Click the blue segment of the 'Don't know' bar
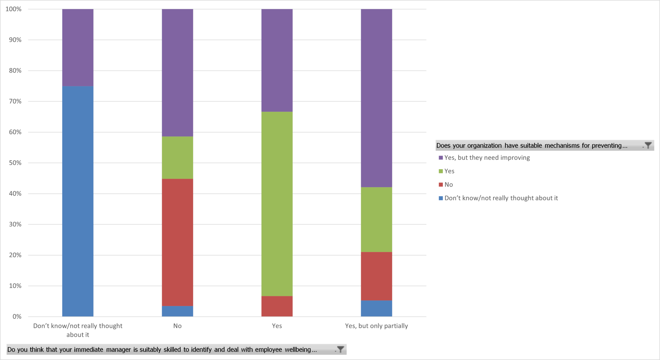(x=78, y=201)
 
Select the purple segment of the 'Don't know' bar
(x=78, y=47)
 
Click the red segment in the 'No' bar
(x=177, y=242)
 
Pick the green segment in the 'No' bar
(x=177, y=158)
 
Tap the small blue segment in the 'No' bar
(x=177, y=311)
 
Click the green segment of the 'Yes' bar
(x=277, y=204)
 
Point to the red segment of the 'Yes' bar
(x=277, y=306)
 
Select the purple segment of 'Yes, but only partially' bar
(x=376, y=98)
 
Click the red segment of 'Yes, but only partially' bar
(x=376, y=276)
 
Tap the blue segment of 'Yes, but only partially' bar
(x=376, y=308)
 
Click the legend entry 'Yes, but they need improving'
(x=487, y=158)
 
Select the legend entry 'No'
(x=448, y=185)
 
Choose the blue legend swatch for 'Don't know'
(x=441, y=198)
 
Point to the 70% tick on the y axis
(x=15, y=102)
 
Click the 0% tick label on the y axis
(x=17, y=316)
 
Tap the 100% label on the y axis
(x=14, y=9)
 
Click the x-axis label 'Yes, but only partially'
(x=376, y=326)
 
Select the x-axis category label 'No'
(x=177, y=326)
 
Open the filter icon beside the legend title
(x=648, y=145)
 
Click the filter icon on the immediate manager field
(x=340, y=349)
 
